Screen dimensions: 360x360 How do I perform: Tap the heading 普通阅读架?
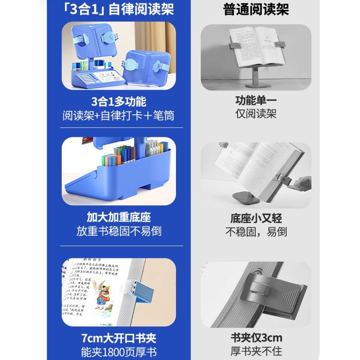coord(256,9)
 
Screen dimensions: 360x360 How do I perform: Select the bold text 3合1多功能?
coord(118,101)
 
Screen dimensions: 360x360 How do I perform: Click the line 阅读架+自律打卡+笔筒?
coord(118,115)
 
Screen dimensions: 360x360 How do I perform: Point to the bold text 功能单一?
coord(256,100)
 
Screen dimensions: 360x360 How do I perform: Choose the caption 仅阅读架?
coord(256,114)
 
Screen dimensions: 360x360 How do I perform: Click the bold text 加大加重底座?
coord(118,217)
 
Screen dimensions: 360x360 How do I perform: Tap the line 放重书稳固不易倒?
coord(118,231)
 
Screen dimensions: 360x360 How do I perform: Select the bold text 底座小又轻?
coord(256,218)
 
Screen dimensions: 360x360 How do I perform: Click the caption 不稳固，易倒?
coord(256,232)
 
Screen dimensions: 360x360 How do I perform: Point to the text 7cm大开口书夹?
coord(118,338)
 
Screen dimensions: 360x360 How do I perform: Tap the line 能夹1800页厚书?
coord(118,352)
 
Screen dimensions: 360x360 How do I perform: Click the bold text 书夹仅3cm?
coord(256,338)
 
